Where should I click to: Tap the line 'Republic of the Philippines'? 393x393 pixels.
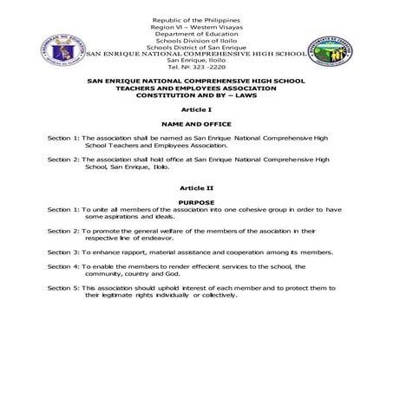click(196, 19)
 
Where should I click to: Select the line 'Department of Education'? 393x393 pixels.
click(196, 33)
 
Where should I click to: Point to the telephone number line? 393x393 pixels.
click(196, 68)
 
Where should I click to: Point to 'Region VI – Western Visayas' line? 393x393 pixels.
click(196, 26)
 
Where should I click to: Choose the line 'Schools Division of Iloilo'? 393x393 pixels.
click(196, 40)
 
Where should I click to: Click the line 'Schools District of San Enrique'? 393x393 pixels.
click(196, 47)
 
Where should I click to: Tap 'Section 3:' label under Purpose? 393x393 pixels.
click(63, 251)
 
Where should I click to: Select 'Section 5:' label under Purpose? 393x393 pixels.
click(63, 287)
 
